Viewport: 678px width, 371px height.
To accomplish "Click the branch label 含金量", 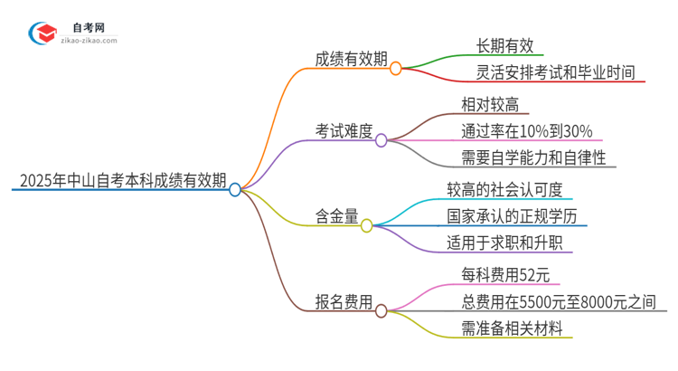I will pos(336,215).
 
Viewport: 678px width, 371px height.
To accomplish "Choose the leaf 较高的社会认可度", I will pos(504,190).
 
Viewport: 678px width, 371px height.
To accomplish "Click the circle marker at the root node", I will pos(235,190).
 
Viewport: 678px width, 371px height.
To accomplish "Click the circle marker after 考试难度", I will pos(381,140).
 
